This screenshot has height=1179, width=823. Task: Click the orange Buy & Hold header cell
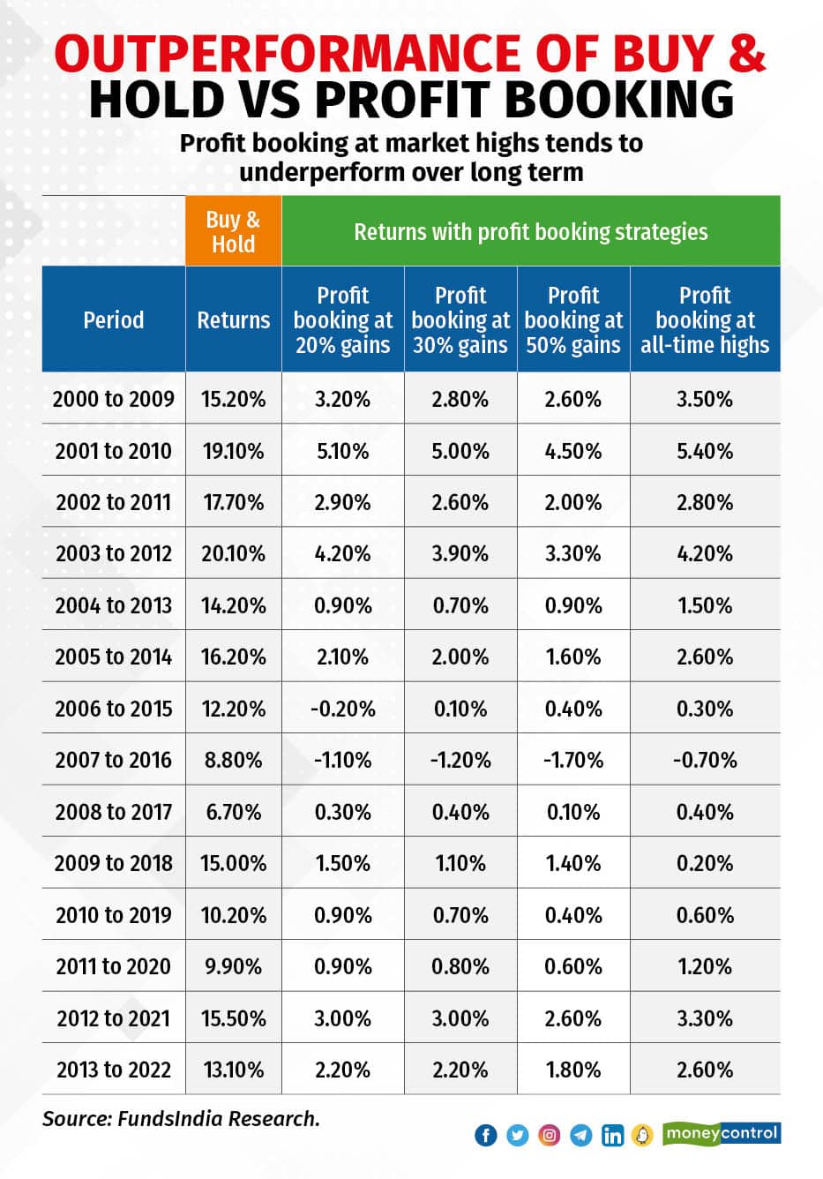coord(233,231)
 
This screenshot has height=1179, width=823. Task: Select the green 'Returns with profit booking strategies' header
coord(530,232)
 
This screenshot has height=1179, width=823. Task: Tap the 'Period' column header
coord(114,319)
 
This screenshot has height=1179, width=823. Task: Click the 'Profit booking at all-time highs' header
coord(705,319)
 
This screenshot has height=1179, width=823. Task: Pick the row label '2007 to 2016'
coord(114,760)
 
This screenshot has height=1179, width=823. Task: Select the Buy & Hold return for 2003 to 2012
coord(233,553)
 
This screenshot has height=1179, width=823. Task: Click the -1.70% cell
coord(573,760)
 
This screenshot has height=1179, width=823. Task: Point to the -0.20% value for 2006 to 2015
coord(342,709)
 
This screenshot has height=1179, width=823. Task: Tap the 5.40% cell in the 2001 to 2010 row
coord(705,451)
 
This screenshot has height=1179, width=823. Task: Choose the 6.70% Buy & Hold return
coord(233,812)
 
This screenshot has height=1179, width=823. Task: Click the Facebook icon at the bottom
coord(486,1135)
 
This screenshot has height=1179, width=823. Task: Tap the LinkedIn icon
coord(612,1135)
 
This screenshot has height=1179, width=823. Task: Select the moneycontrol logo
coord(722,1133)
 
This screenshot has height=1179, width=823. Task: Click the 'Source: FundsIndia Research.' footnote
coord(181,1119)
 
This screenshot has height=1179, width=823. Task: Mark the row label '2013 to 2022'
coord(114,1070)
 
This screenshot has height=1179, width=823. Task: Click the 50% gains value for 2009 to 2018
coord(573,863)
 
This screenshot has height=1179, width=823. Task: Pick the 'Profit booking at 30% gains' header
coord(460,319)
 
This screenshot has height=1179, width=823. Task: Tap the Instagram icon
coord(549,1135)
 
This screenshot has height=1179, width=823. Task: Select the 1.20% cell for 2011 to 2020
coord(705,966)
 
